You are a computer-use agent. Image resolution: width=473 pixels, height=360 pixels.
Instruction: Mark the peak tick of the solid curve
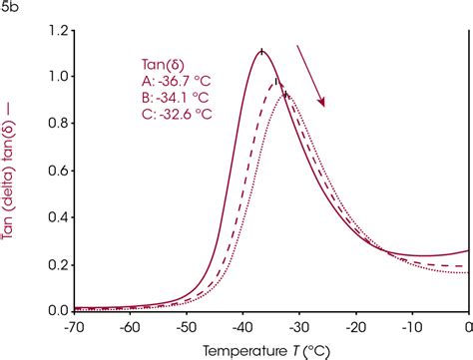click(261, 51)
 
